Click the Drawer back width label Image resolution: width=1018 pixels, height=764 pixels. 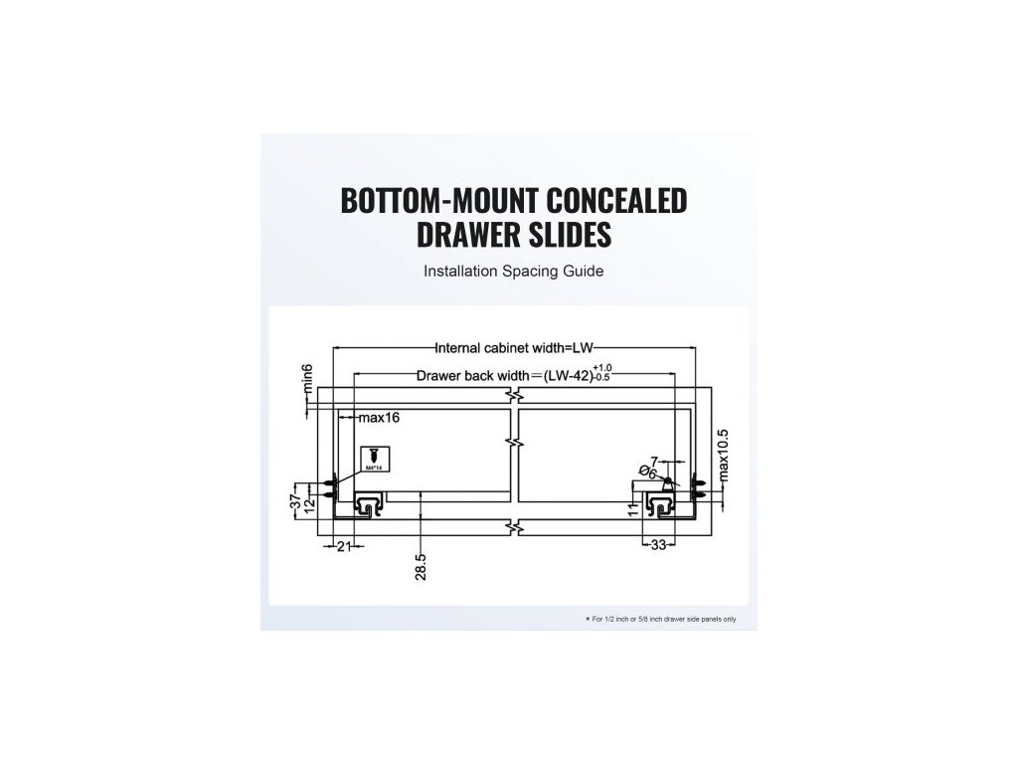pos(476,376)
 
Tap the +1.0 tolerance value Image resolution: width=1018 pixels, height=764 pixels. pos(604,369)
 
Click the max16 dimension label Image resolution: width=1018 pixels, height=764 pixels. pos(379,418)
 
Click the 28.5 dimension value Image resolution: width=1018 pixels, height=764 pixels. pos(423,567)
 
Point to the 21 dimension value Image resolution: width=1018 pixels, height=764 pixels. pos(344,545)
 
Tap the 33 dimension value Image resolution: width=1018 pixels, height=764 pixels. pos(658,545)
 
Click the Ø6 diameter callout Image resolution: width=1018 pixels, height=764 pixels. pos(647,473)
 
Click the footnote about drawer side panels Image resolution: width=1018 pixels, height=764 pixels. pos(661,619)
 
